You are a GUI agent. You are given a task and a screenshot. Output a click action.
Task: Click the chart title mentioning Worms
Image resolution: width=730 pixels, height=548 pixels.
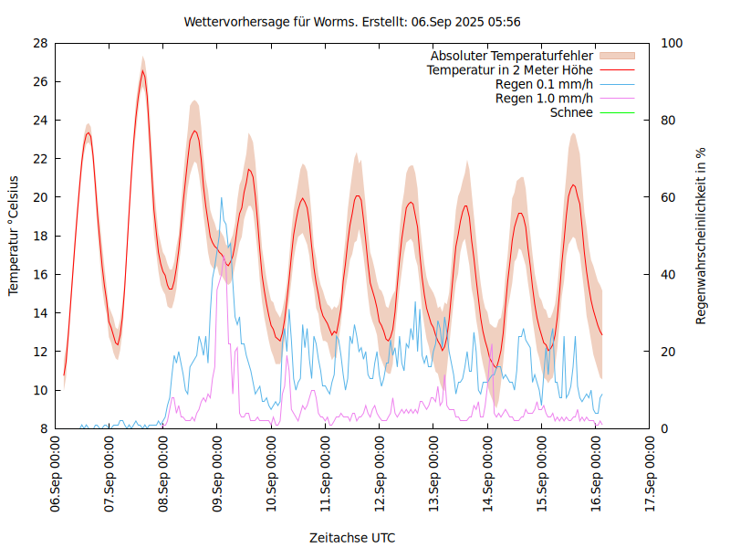tap(352, 21)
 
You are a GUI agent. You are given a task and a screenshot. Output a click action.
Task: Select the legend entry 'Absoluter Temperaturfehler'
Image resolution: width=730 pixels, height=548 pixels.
tap(512, 55)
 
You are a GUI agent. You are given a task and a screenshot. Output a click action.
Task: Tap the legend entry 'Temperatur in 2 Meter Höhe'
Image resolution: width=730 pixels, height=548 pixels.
tap(510, 69)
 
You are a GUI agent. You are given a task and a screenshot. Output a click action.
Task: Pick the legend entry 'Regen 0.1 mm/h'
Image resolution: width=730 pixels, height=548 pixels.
tap(544, 84)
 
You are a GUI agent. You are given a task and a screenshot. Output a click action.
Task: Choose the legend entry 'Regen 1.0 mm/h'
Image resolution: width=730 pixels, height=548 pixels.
tap(544, 99)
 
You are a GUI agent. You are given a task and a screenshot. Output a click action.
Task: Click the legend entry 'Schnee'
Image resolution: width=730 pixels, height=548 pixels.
tap(572, 113)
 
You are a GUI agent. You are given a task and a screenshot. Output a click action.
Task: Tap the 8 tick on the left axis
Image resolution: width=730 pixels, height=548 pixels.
tap(43, 428)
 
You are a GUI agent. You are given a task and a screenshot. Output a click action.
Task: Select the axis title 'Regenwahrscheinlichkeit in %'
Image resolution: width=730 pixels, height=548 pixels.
tap(702, 236)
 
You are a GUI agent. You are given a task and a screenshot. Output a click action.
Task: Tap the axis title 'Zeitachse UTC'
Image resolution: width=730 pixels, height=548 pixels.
tap(352, 537)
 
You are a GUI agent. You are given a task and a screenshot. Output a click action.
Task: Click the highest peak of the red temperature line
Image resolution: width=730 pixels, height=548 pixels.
tap(142, 71)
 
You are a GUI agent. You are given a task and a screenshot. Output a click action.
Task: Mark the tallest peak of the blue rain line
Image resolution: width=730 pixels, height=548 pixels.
tap(220, 197)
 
